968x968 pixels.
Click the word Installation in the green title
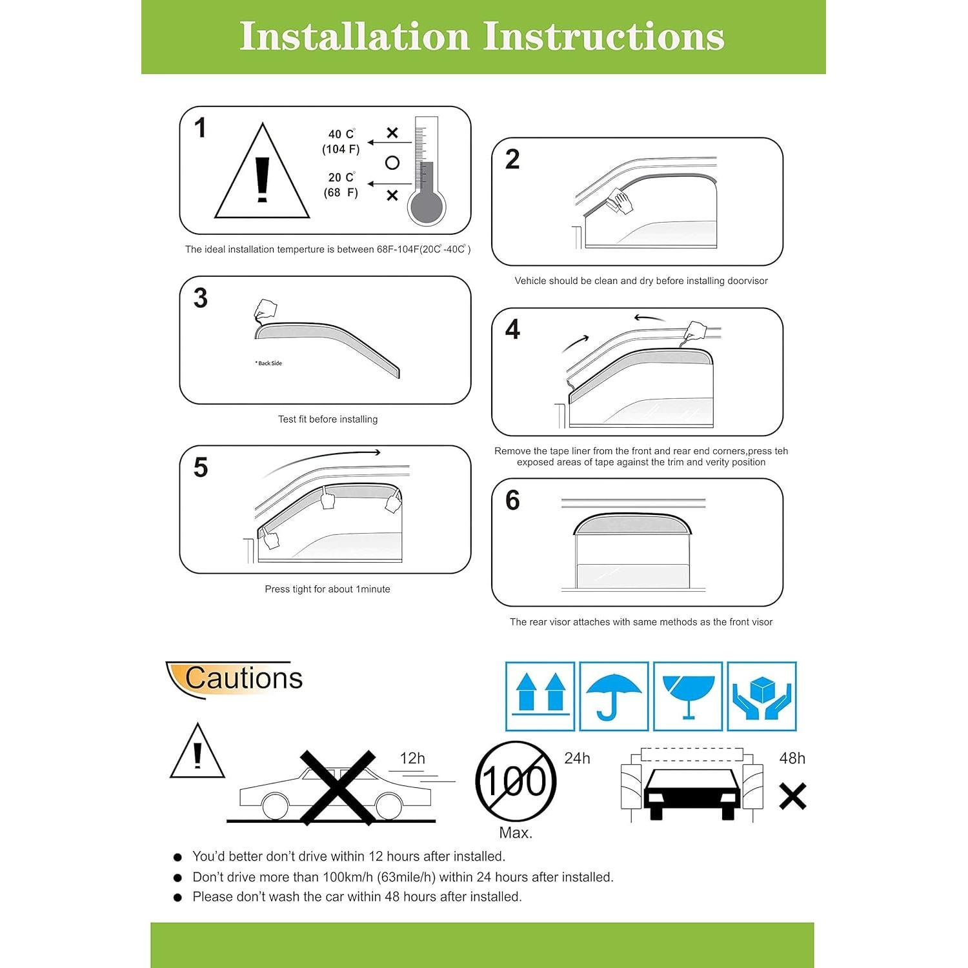(354, 36)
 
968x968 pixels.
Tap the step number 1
(201, 128)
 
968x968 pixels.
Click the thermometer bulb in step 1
(427, 207)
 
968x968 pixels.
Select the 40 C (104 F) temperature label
(341, 142)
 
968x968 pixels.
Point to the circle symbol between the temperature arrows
(392, 163)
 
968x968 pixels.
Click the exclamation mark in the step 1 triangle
(262, 179)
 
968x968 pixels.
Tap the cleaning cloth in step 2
(620, 201)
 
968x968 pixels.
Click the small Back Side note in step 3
(269, 363)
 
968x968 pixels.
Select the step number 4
(512, 330)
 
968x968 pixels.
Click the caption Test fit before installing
(328, 419)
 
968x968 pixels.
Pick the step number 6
(512, 500)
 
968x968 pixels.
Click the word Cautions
(243, 678)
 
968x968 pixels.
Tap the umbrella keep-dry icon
(613, 696)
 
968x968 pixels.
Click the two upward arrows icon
(540, 696)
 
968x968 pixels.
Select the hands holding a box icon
(761, 696)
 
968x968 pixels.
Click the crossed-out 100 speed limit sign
(515, 781)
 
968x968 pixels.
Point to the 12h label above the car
(412, 758)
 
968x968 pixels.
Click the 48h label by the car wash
(792, 758)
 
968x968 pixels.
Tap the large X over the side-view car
(338, 787)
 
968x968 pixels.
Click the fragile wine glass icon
(688, 696)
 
